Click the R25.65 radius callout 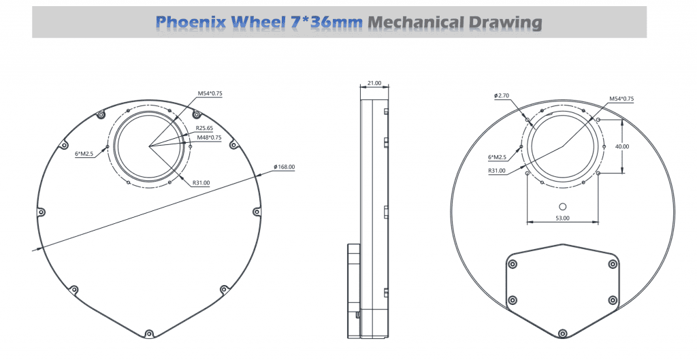(x=205, y=128)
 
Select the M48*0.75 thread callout (x=209, y=137)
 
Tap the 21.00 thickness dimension (x=374, y=83)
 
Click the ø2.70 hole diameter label (x=503, y=96)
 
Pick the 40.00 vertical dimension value (x=621, y=146)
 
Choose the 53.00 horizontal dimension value (x=562, y=218)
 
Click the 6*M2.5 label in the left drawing (x=84, y=154)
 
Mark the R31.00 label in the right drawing (x=497, y=171)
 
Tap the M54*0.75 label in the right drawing (x=621, y=99)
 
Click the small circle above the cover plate (x=562, y=206)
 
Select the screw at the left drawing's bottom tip (x=149, y=333)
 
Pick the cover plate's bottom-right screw (x=612, y=299)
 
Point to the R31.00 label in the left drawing (x=201, y=182)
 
